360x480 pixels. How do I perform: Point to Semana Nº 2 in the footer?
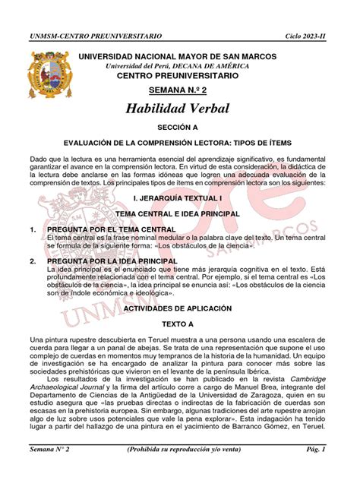49,471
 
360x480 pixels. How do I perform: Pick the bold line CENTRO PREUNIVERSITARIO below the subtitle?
176,77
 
